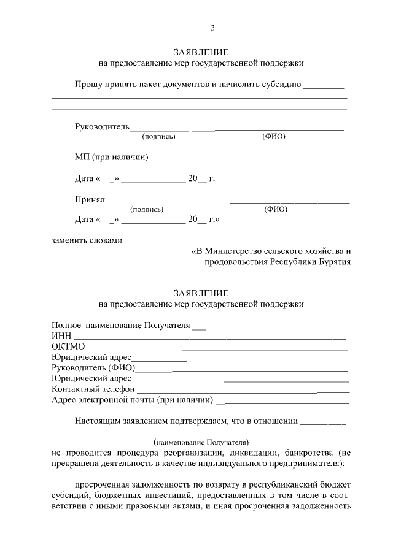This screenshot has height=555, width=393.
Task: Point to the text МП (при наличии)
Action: pyautogui.click(x=112, y=157)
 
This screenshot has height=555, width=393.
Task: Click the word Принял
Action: pyautogui.click(x=90, y=200)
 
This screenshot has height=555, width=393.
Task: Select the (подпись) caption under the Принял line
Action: pyautogui.click(x=146, y=209)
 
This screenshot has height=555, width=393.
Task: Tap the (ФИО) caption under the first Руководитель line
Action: pyautogui.click(x=274, y=136)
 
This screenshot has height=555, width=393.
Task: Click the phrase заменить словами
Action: pyautogui.click(x=87, y=240)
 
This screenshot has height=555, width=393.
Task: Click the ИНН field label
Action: pyautogui.click(x=61, y=335)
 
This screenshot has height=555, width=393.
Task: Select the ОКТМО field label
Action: pyautogui.click(x=68, y=346)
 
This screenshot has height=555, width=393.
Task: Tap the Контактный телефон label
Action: pyautogui.click(x=93, y=389)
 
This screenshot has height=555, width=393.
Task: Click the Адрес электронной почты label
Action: pyautogui.click(x=133, y=400)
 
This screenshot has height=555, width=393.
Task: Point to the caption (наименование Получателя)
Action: pyautogui.click(x=200, y=441)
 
